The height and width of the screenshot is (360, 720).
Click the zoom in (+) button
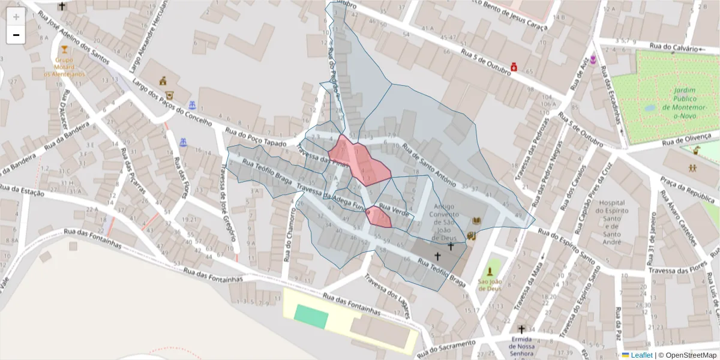[16, 16]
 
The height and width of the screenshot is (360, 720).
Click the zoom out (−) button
[16, 35]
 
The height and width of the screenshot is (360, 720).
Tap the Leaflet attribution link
[641, 355]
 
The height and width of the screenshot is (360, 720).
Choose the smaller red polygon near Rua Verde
[379, 217]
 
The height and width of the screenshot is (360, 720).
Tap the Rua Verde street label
[395, 211]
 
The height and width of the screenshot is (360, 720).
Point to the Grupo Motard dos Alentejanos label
[65, 67]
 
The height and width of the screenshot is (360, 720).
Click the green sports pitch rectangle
[312, 316]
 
